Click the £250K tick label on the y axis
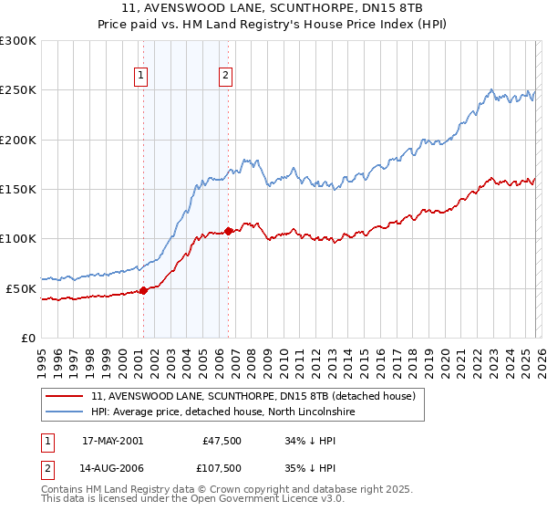click(x=17, y=90)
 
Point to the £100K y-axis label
click(x=17, y=239)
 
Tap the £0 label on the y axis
click(x=27, y=338)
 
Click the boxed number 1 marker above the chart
click(x=142, y=77)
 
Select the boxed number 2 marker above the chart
click(x=226, y=77)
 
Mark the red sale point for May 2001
click(x=144, y=291)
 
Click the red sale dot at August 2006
click(x=228, y=231)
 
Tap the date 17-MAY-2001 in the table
click(x=112, y=440)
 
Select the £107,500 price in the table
click(x=222, y=469)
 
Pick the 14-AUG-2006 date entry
click(x=112, y=469)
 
